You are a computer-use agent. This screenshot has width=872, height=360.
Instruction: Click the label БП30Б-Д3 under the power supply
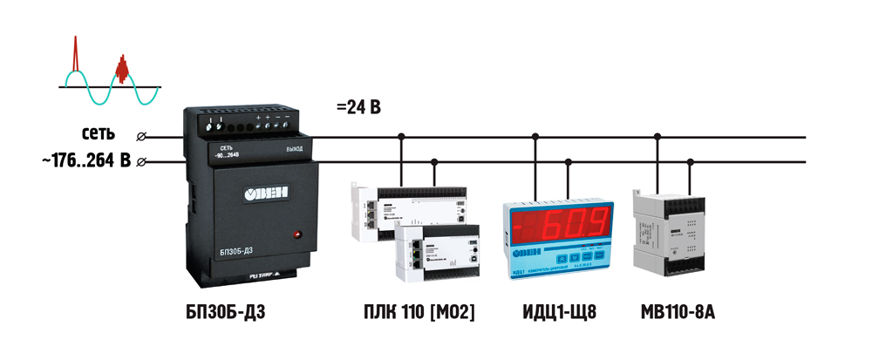[x=225, y=312]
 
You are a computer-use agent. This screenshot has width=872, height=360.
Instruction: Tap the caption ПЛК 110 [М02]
[x=419, y=312]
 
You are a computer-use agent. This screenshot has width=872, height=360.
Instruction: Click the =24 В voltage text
[x=358, y=108]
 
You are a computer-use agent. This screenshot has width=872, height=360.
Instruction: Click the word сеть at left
[x=99, y=135]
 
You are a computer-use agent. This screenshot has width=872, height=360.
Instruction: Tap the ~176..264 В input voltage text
[x=85, y=161]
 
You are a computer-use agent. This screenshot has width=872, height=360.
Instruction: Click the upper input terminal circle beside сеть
[x=142, y=136]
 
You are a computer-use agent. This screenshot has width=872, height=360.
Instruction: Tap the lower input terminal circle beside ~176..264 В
[x=142, y=161]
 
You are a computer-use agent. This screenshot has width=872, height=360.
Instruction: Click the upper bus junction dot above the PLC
[x=401, y=136]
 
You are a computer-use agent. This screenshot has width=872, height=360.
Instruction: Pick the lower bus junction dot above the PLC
[x=434, y=161]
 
